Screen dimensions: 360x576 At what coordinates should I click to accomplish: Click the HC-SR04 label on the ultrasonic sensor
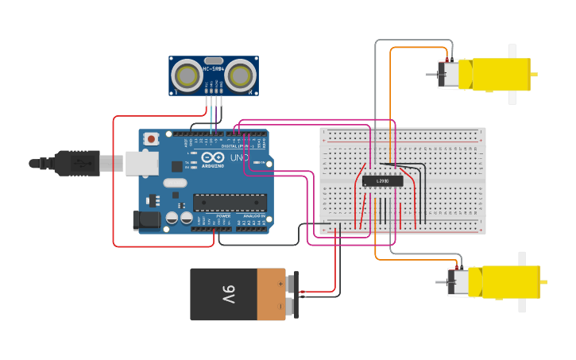point(214,69)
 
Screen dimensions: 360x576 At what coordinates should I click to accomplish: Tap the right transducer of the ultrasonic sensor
point(240,75)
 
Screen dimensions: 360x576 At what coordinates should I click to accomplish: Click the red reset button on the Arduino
point(151,139)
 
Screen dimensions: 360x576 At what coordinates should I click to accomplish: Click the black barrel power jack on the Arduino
point(148,220)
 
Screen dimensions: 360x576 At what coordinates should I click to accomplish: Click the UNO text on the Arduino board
point(238,157)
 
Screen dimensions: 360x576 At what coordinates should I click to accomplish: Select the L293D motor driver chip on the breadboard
point(382,181)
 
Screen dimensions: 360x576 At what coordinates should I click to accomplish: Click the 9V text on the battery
point(228,295)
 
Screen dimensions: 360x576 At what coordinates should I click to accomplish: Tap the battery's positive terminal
point(291,282)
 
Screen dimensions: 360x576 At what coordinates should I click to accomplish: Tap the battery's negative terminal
point(291,305)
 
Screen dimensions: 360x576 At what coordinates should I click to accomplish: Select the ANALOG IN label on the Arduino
point(253,216)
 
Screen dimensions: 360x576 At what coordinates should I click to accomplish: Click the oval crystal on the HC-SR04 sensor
point(214,60)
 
